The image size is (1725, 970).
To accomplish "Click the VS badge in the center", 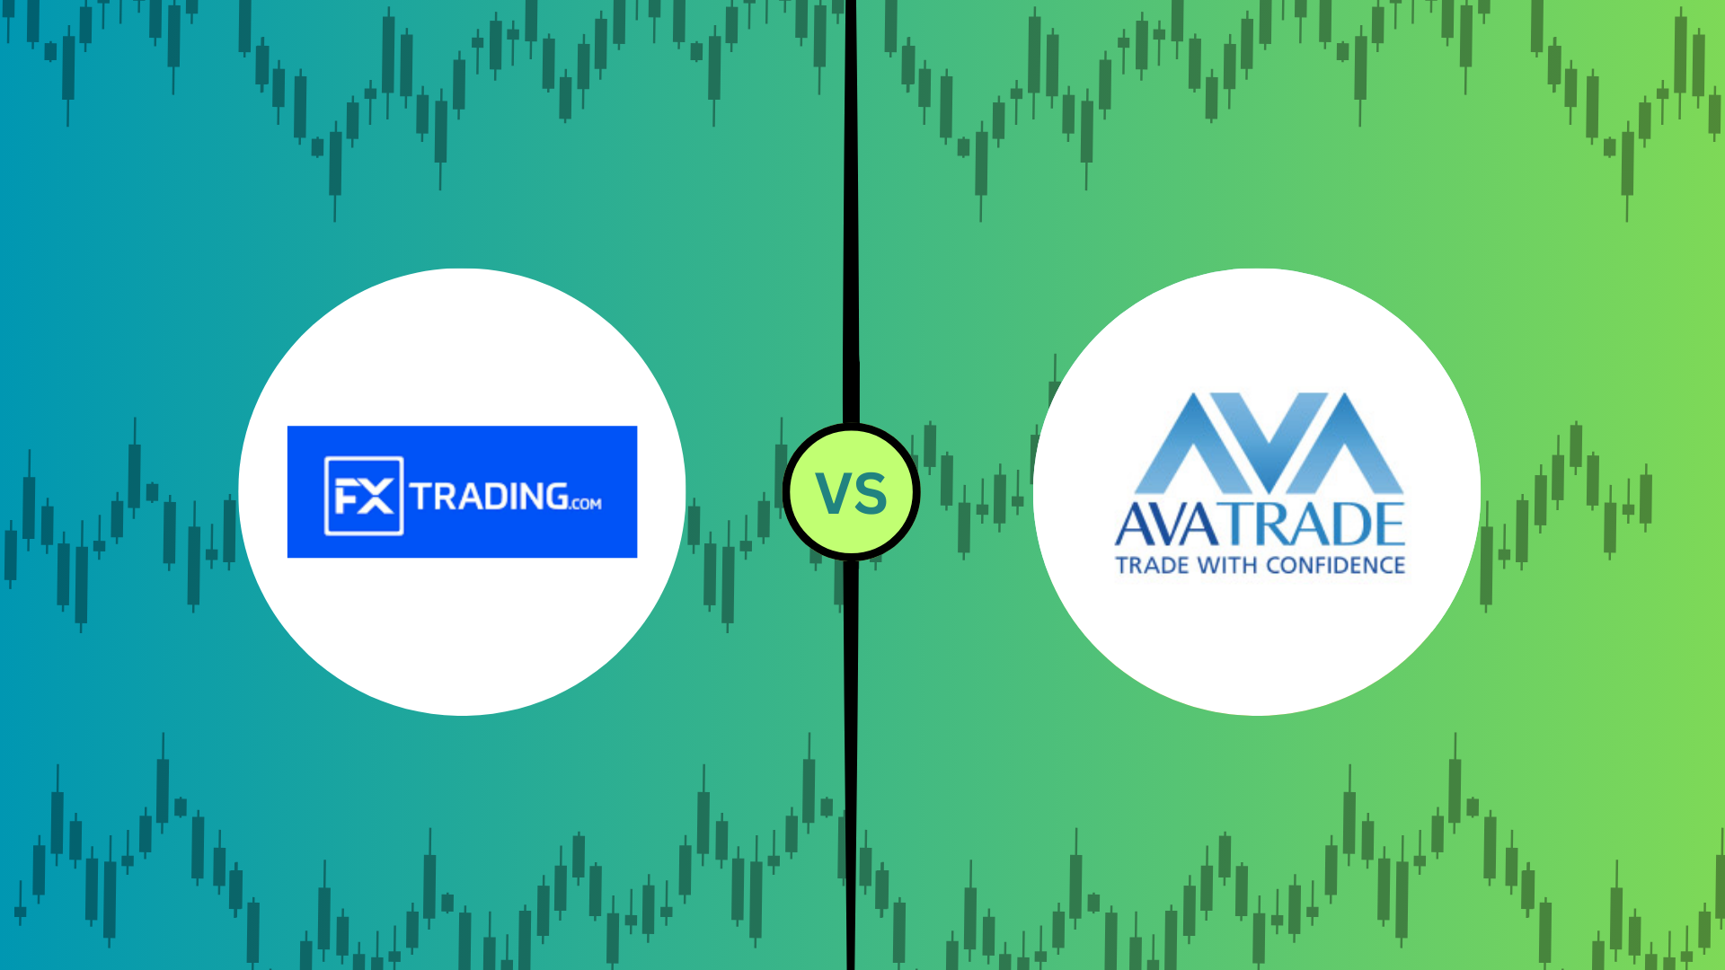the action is tap(851, 492).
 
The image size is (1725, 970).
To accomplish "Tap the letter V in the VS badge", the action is tap(832, 493).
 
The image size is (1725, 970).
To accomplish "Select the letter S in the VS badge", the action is tap(871, 493).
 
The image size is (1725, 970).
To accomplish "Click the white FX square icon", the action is tap(364, 496).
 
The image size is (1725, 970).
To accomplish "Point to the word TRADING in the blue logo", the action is tap(489, 496).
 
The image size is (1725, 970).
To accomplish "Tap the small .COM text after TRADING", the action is tap(586, 504).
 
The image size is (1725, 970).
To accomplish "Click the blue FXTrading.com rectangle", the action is tap(462, 491).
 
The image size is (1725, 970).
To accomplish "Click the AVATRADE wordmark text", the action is tap(1260, 525).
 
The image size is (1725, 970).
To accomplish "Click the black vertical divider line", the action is tap(851, 485).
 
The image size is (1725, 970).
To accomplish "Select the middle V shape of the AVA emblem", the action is tap(1269, 445).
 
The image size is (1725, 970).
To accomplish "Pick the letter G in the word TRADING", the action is tap(554, 496).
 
